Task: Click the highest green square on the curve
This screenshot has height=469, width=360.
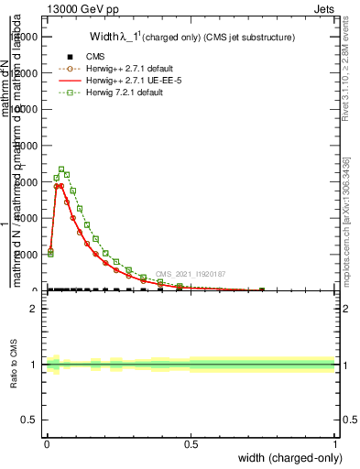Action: [x=61, y=169]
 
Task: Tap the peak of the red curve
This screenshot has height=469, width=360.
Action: [x=60, y=185]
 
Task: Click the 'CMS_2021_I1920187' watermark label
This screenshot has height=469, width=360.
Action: [x=190, y=273]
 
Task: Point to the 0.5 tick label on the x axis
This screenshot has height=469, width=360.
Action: [x=191, y=444]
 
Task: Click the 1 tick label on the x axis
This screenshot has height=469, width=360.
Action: [x=334, y=444]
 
